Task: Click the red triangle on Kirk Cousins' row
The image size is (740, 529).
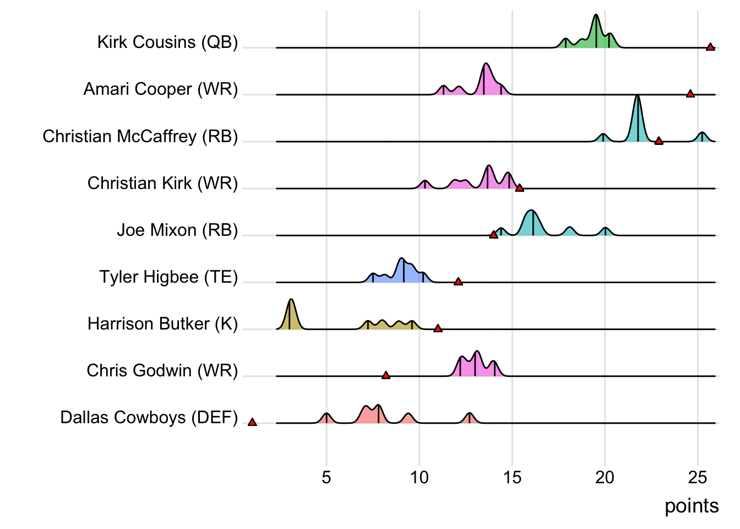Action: click(710, 47)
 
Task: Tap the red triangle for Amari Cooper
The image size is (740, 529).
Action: click(690, 94)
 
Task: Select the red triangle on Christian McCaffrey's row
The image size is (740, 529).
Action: click(659, 141)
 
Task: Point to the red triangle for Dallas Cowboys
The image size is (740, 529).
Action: click(252, 423)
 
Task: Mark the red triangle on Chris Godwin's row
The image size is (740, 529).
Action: click(386, 376)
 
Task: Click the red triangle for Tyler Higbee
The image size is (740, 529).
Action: click(458, 282)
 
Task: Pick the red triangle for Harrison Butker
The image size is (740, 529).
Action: click(438, 329)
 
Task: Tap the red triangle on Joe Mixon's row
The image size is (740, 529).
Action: click(493, 235)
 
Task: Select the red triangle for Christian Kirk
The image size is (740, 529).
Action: click(519, 188)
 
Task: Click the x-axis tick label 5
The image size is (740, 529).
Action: click(327, 477)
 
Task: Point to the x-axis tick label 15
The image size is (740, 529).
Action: click(512, 477)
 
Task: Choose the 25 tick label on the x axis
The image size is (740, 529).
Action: click(698, 477)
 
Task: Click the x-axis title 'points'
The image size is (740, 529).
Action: click(692, 506)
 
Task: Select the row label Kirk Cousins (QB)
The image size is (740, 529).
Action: click(167, 42)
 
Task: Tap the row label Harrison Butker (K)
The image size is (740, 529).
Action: click(162, 323)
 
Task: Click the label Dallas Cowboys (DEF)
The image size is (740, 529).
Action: click(149, 417)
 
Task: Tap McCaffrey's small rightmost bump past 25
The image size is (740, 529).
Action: click(701, 135)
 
